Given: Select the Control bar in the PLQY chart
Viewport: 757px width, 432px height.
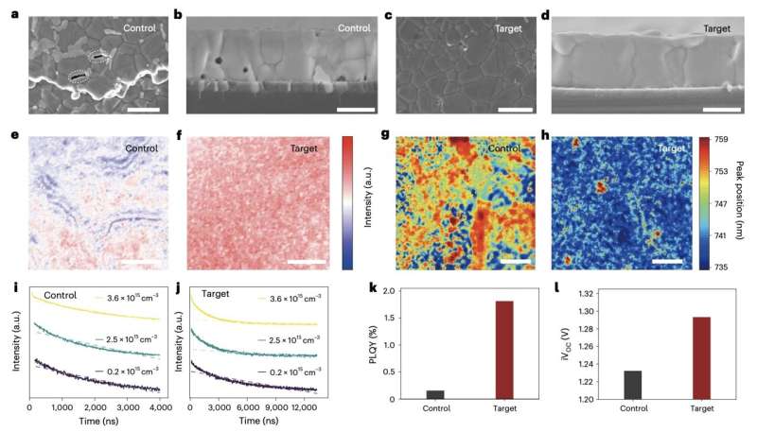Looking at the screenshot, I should point(435,394).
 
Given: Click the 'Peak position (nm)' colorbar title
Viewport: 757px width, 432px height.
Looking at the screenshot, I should point(748,203).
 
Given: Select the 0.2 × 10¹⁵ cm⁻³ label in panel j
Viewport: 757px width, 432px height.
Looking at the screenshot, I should point(289,372).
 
